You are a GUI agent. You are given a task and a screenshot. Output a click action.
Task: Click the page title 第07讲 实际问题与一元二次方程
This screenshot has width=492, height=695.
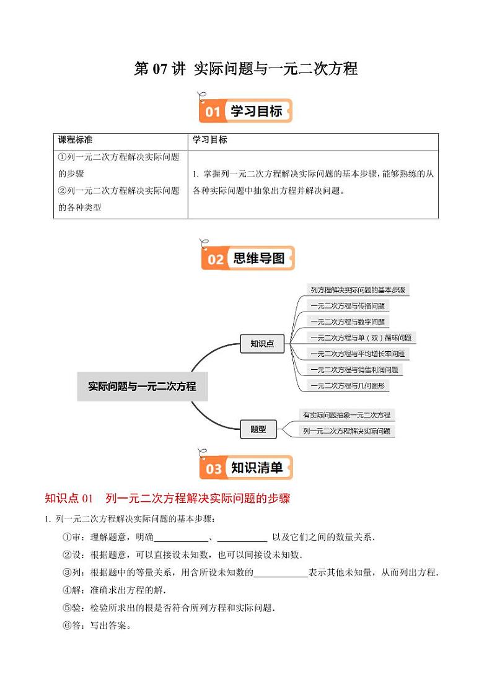click(246, 69)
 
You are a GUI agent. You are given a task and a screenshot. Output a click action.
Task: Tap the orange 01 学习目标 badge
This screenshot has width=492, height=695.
click(246, 111)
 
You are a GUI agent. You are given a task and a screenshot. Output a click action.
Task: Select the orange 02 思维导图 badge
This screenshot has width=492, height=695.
click(247, 258)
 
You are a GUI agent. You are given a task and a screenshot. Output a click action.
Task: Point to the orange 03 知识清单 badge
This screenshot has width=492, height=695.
click(246, 468)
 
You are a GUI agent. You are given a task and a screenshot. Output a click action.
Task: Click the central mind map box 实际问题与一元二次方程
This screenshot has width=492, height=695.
click(142, 387)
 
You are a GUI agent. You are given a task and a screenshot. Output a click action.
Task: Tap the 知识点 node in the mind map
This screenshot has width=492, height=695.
click(262, 344)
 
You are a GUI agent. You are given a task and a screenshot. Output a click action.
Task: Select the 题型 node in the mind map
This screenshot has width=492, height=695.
click(258, 428)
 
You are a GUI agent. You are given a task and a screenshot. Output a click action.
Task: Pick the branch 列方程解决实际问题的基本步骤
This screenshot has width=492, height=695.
click(358, 290)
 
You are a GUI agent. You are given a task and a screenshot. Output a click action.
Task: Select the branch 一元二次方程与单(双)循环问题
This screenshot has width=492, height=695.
click(361, 338)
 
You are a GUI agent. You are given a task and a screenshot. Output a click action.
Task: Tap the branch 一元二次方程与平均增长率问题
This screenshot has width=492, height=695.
click(358, 354)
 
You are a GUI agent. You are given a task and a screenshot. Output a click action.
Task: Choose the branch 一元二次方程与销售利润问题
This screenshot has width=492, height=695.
click(354, 370)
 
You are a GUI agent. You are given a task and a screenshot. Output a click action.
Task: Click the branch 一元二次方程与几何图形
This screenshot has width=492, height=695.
click(348, 386)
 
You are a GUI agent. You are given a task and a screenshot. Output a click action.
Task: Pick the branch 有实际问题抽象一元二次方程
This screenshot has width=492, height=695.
click(346, 415)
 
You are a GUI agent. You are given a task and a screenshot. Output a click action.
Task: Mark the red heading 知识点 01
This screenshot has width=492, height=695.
click(69, 498)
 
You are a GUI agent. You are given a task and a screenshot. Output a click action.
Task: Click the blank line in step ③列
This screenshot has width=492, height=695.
click(281, 573)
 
